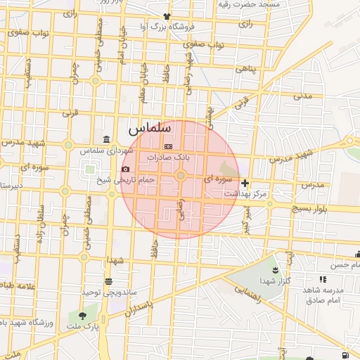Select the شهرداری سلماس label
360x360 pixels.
(106, 150)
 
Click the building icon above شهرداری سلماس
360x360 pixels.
(106, 139)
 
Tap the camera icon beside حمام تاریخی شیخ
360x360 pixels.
(125, 169)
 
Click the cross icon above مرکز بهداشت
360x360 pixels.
(245, 183)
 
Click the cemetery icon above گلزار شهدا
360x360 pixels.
(275, 271)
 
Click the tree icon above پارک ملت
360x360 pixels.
(83, 316)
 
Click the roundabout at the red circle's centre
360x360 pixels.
(180, 176)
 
